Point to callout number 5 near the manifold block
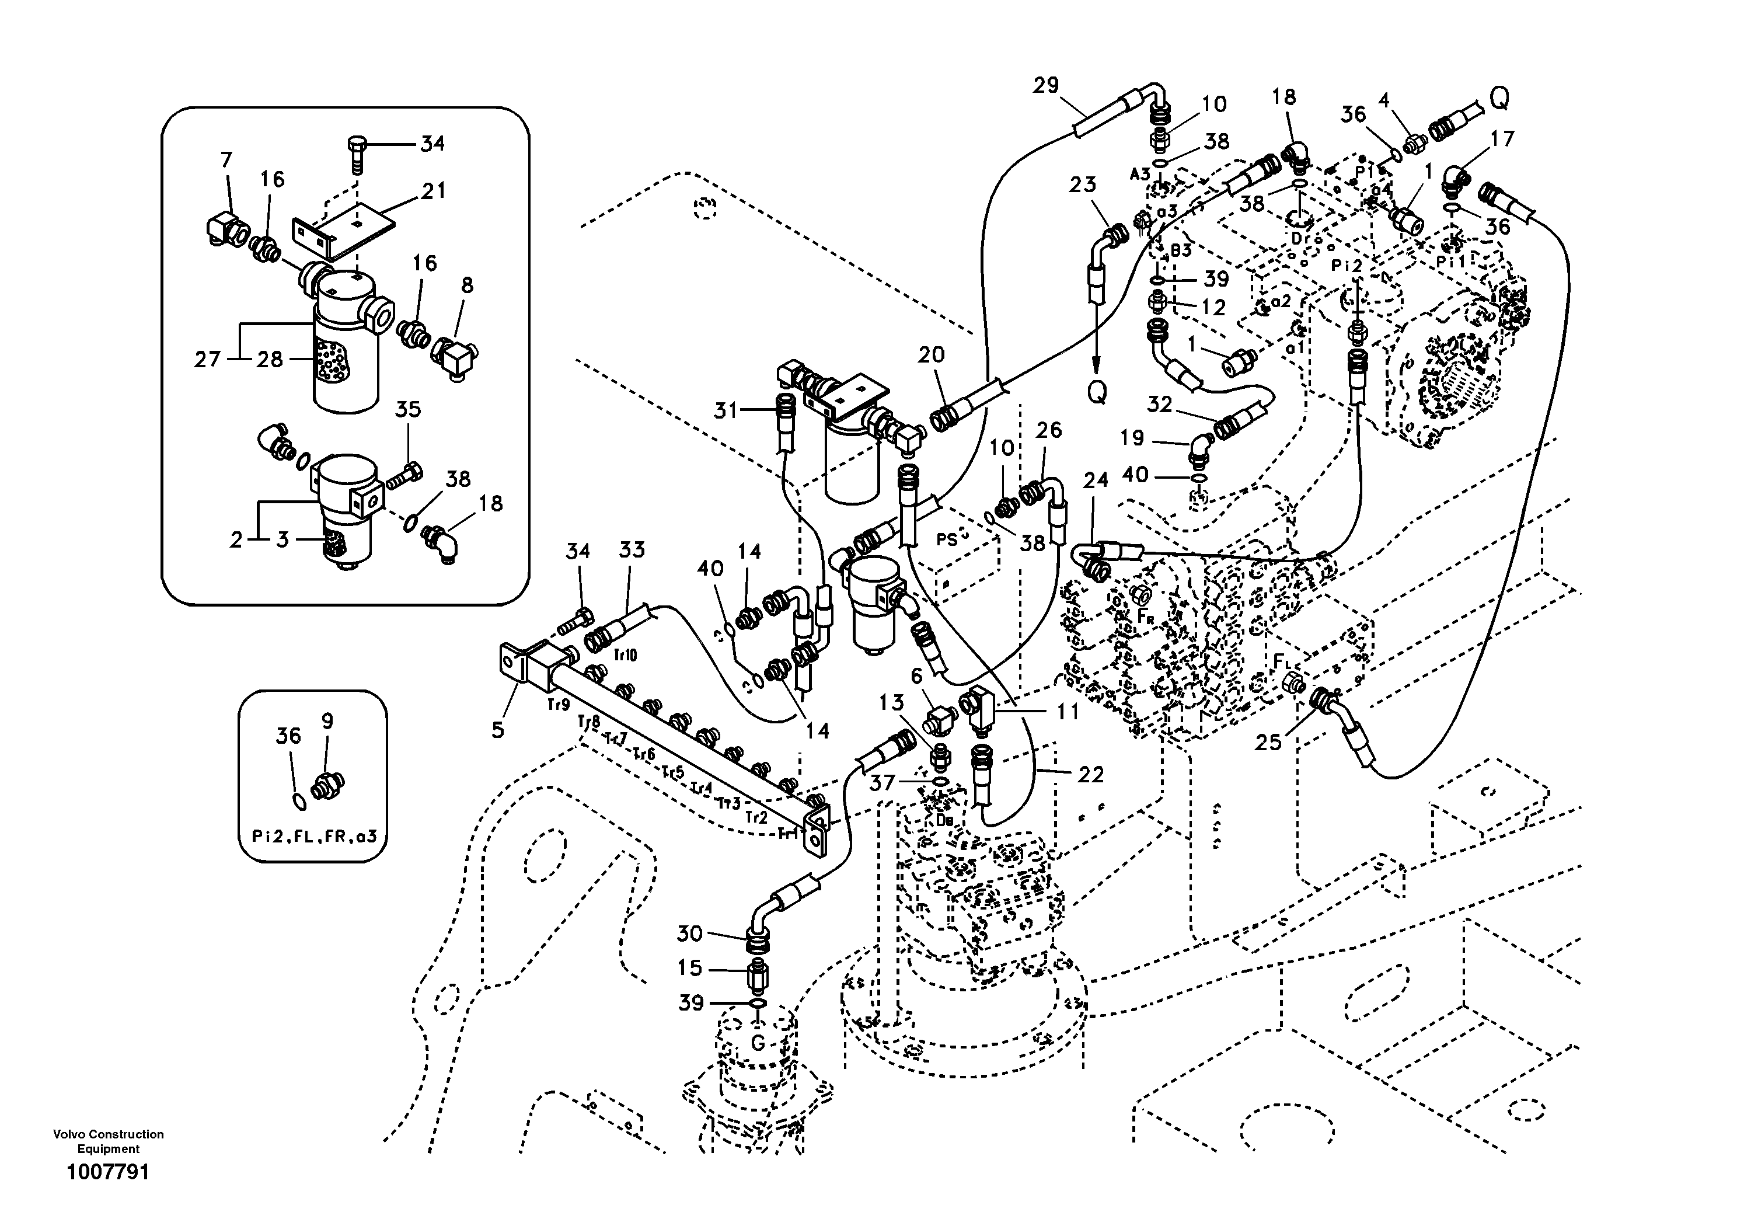point(497,730)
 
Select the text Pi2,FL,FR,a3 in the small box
point(314,837)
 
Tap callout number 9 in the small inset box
point(327,721)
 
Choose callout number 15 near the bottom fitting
point(689,967)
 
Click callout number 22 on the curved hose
point(1090,774)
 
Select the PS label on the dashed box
point(947,539)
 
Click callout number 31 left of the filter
point(725,410)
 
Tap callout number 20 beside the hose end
point(932,354)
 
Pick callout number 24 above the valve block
point(1096,480)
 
